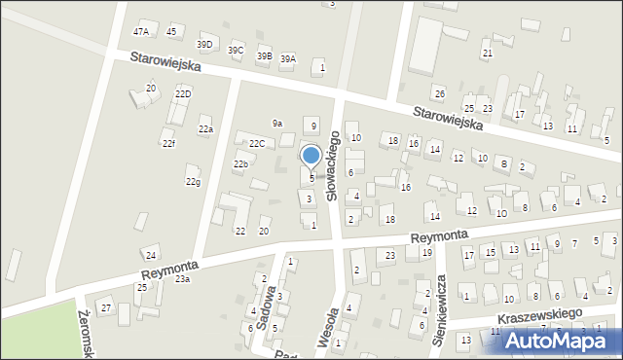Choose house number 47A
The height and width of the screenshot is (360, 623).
(141, 32)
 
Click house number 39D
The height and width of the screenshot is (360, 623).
(204, 44)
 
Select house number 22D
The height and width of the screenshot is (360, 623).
(183, 93)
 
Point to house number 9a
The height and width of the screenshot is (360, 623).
(277, 124)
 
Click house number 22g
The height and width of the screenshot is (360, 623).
(194, 182)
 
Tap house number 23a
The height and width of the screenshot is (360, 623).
(182, 279)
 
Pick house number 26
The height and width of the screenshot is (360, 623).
(439, 93)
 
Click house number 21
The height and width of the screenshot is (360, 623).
(487, 53)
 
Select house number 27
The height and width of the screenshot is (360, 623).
(106, 307)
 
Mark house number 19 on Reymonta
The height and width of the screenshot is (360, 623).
(426, 253)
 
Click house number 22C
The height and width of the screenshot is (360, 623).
(256, 144)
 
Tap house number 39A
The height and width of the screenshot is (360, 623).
(288, 59)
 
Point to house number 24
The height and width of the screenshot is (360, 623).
(150, 255)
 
